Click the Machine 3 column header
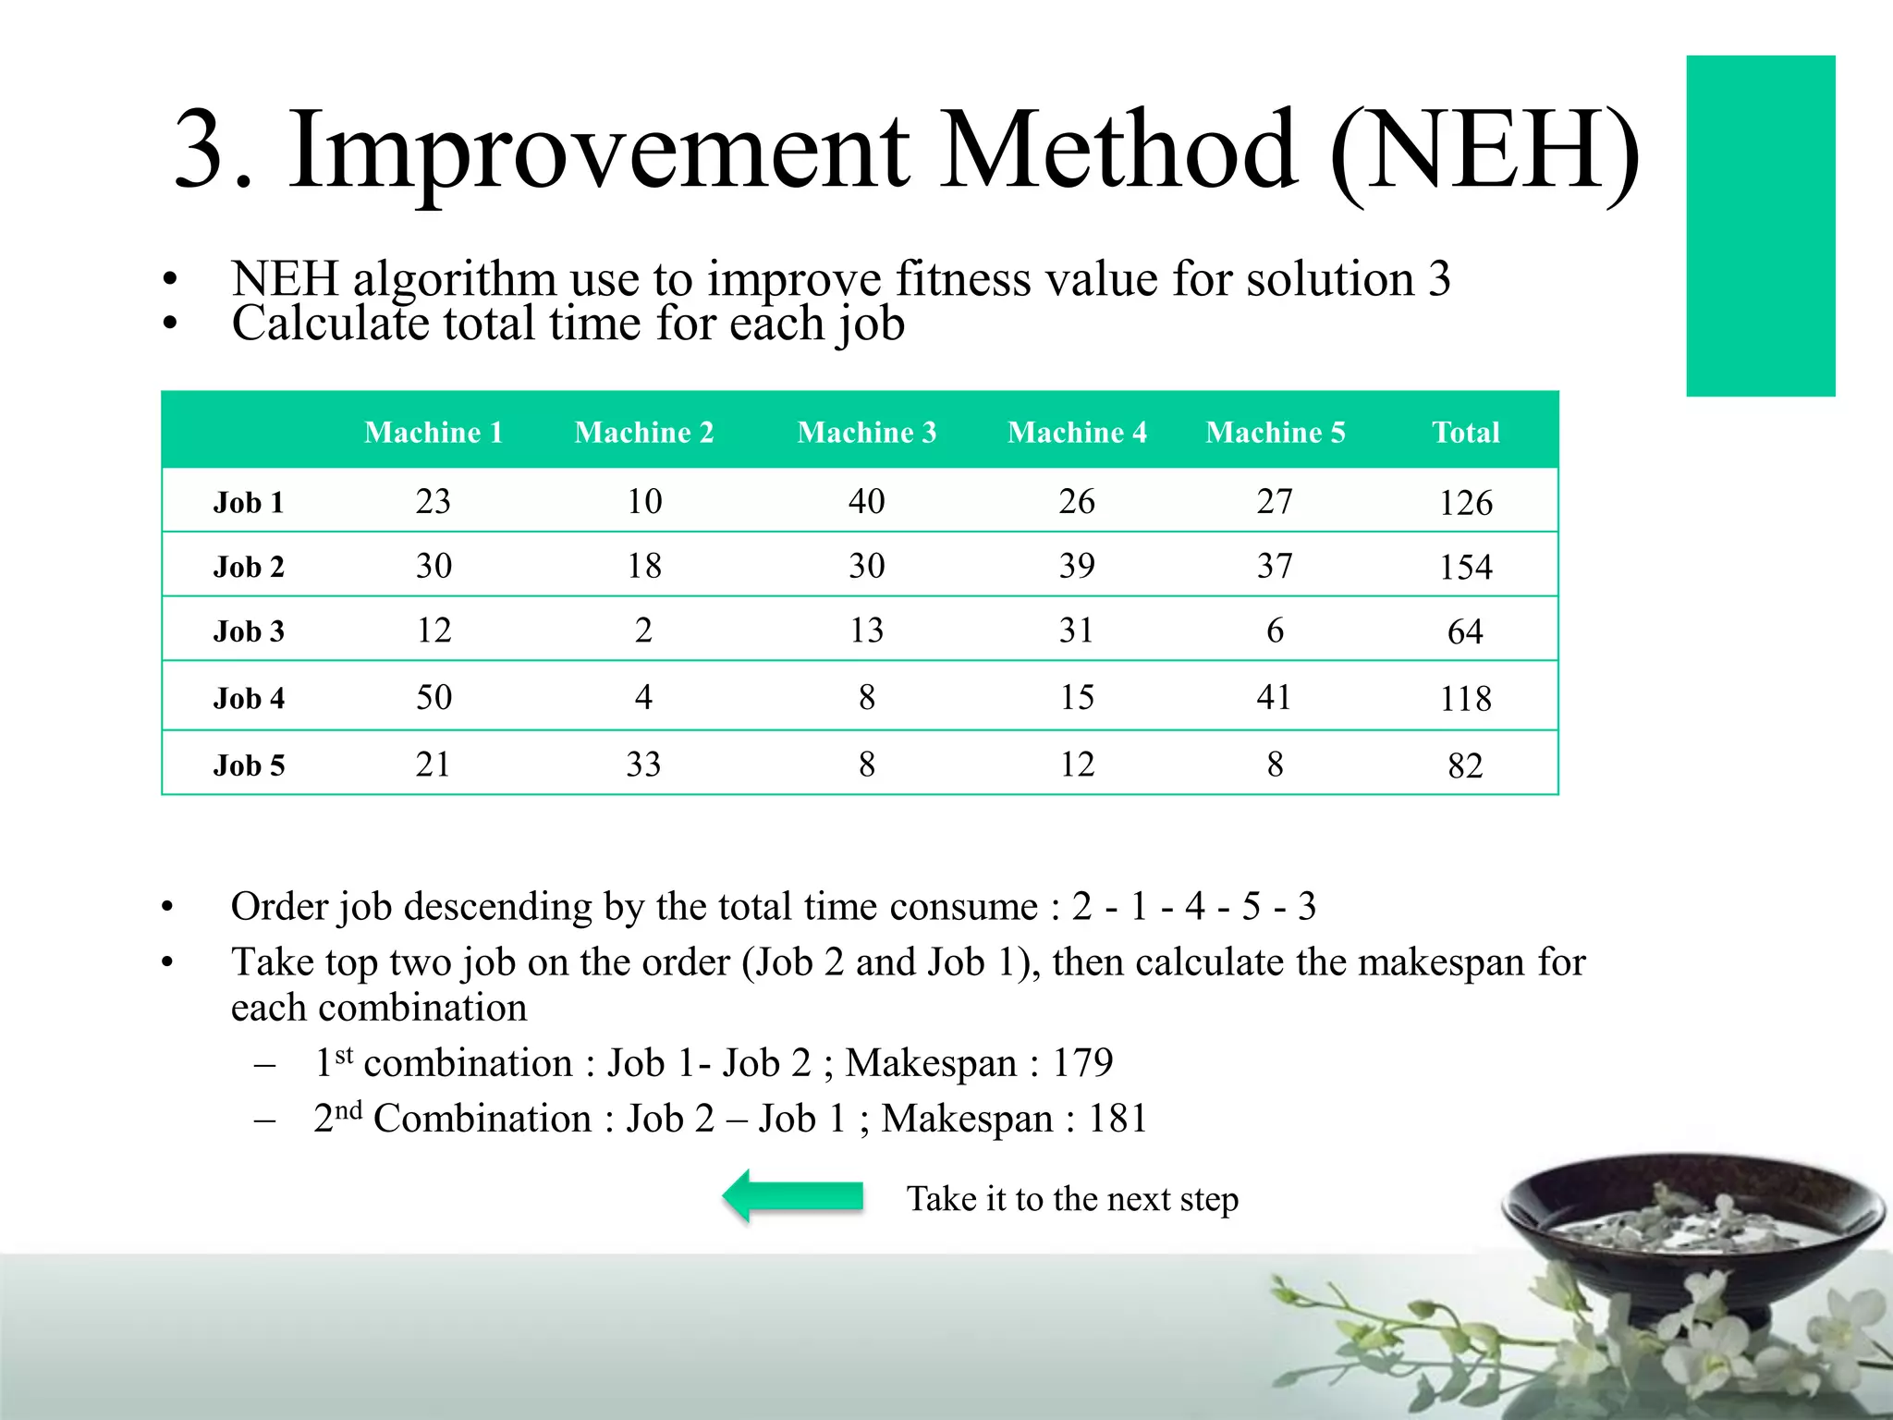[x=866, y=433]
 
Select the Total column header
[x=1465, y=433]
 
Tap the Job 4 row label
[x=249, y=698]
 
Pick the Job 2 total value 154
[x=1465, y=567]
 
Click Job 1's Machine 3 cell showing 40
[x=866, y=501]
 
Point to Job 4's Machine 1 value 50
[x=434, y=697]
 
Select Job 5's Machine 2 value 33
[x=643, y=765]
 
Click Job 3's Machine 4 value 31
[x=1076, y=630]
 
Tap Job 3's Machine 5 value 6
[x=1275, y=630]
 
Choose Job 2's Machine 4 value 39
[x=1077, y=566]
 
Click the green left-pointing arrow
[x=792, y=1196]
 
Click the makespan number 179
[x=1082, y=1063]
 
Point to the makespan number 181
[x=1117, y=1119]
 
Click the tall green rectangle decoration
[x=1760, y=226]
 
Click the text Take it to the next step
[x=1071, y=1199]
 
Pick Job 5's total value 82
[x=1465, y=765]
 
